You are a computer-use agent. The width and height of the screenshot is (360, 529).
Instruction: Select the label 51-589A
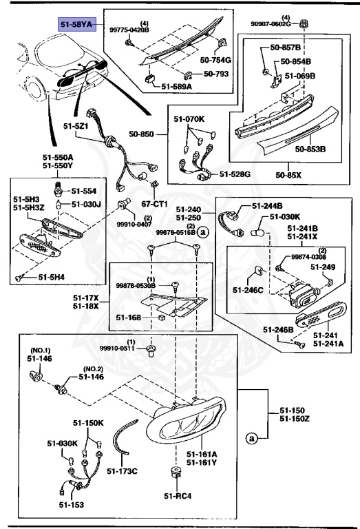click(x=178, y=87)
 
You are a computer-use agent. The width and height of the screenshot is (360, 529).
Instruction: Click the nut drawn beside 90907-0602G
click(x=304, y=27)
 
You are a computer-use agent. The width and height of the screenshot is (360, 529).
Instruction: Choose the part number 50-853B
click(x=310, y=148)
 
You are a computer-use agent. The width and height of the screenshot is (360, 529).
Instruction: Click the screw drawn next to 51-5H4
click(x=19, y=277)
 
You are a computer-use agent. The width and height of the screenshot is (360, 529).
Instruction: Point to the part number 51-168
click(x=129, y=318)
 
